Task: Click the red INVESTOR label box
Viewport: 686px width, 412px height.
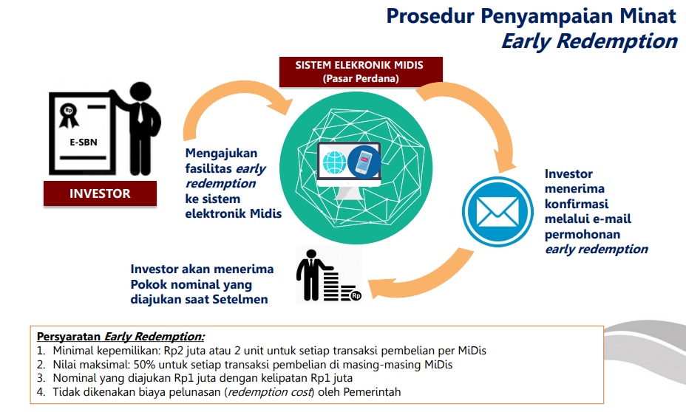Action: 100,194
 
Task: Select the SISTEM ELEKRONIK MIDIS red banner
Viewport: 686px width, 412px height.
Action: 360,71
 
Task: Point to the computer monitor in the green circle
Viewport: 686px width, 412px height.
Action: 349,166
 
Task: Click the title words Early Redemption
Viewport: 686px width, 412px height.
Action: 588,41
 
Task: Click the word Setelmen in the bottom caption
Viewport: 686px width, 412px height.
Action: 244,299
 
